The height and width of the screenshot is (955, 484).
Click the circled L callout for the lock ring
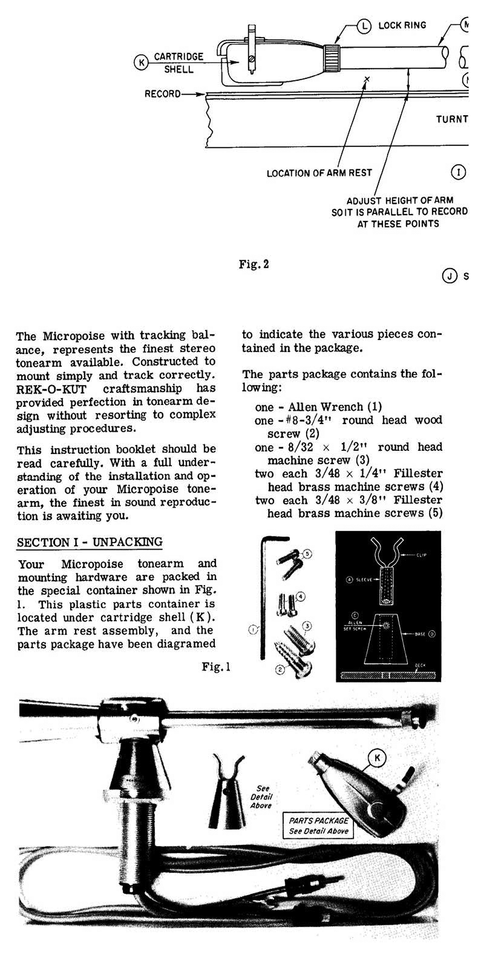(x=364, y=26)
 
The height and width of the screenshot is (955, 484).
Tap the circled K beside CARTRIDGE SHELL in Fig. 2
(x=141, y=62)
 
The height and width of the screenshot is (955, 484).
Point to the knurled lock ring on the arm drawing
(x=332, y=58)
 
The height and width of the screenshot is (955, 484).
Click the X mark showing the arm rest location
(x=367, y=79)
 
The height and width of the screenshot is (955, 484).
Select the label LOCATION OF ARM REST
(x=319, y=173)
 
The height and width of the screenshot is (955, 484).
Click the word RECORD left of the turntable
(x=162, y=94)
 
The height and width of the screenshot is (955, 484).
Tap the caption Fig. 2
(x=254, y=264)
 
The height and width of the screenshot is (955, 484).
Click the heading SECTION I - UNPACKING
(x=90, y=542)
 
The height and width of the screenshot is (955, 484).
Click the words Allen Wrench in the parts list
(x=325, y=407)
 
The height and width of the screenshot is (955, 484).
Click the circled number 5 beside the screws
(x=307, y=554)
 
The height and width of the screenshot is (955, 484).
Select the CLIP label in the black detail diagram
(x=421, y=555)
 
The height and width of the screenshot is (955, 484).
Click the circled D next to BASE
(x=432, y=634)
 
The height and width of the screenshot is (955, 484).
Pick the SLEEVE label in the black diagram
(x=364, y=580)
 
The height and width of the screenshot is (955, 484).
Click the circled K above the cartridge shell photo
(x=377, y=758)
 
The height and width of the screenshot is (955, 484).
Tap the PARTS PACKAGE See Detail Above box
(x=318, y=826)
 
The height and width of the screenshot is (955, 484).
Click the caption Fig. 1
(x=216, y=667)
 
